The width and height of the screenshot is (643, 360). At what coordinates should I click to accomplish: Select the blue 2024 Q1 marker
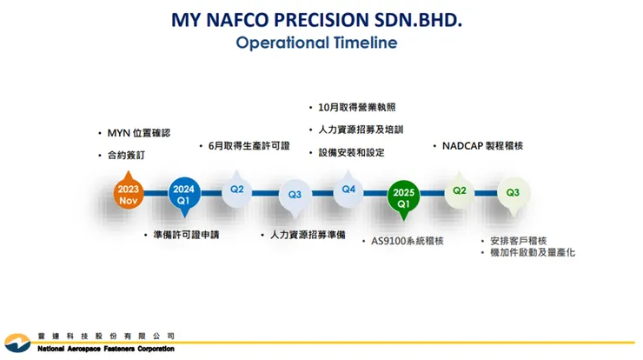tap(184, 195)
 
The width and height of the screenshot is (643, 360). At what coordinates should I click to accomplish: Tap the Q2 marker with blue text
tap(236, 190)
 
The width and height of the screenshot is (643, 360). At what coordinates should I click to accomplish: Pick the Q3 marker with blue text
tap(295, 197)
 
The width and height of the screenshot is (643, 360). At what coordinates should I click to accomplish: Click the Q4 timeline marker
tap(348, 190)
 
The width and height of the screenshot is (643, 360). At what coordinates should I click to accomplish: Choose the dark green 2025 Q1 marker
tap(403, 198)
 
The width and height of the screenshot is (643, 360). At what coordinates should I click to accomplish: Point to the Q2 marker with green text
tap(460, 190)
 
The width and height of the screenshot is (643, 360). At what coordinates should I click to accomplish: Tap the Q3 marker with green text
tap(513, 195)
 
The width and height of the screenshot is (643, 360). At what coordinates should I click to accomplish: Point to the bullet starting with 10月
tap(357, 108)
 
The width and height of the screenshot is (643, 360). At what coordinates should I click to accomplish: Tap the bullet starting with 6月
tap(249, 146)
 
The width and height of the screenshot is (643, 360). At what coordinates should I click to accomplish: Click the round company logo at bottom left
tap(17, 343)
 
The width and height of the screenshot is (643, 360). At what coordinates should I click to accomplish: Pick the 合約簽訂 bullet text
tap(126, 155)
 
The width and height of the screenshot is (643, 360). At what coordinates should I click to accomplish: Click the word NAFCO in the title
tap(237, 20)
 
